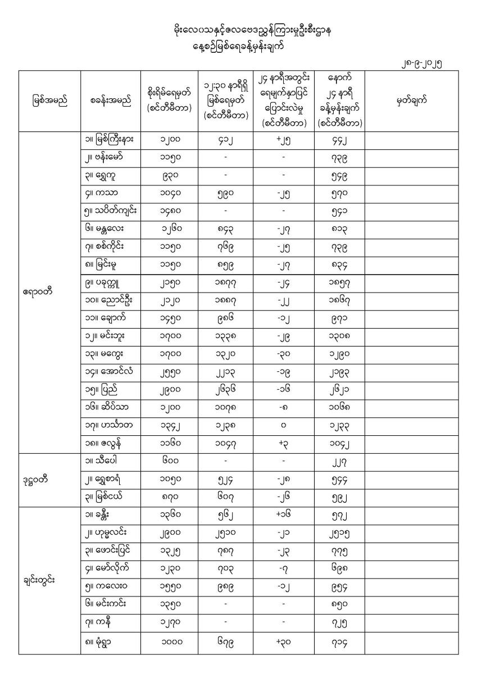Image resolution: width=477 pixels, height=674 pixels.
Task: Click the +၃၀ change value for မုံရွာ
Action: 283,643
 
